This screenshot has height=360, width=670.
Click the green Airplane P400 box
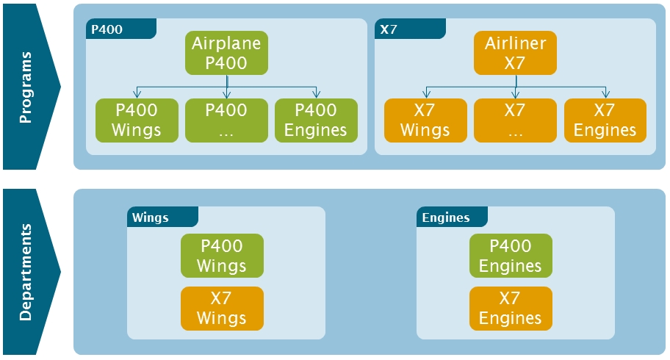tap(226, 53)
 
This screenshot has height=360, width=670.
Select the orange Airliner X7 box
tap(515, 53)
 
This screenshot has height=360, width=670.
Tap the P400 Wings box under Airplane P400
tap(137, 120)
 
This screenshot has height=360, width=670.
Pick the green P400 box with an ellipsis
tap(226, 120)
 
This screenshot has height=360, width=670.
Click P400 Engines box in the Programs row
tap(316, 120)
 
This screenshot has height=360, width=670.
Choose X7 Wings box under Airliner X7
tap(425, 120)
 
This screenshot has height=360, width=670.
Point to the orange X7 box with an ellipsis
tap(515, 120)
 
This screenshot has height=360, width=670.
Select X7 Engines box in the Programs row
tap(605, 120)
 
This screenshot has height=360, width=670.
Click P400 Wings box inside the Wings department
tap(222, 256)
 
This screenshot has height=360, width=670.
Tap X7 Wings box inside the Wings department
tap(222, 309)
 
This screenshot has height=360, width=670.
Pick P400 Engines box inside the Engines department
tap(510, 256)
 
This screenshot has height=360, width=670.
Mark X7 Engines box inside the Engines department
tap(510, 309)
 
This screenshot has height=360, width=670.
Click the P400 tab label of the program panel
tap(107, 30)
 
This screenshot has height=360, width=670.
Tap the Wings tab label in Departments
tap(151, 217)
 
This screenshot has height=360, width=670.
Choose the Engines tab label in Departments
tap(446, 217)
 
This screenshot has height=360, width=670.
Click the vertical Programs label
tap(26, 87)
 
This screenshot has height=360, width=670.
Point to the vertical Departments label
tap(26, 272)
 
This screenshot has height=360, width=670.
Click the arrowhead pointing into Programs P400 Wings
tap(137, 95)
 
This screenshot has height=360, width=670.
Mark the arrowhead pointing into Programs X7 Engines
tap(605, 95)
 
